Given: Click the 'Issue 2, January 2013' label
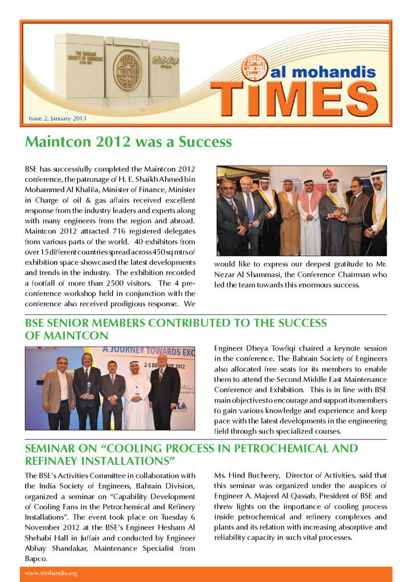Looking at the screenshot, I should (57, 119).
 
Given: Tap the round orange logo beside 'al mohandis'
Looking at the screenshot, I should (254, 68).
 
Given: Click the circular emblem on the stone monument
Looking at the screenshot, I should (127, 70).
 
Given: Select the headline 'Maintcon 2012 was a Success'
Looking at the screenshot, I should (129, 142).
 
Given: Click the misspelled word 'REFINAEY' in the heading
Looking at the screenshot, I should (60, 460).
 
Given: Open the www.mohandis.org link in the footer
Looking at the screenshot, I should (51, 573).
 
